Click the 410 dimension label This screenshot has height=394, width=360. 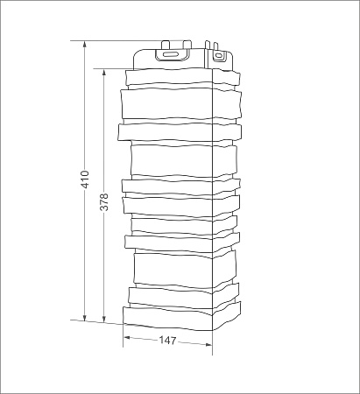point(85,179)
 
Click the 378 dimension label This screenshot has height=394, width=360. point(104,201)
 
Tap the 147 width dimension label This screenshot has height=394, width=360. point(168,341)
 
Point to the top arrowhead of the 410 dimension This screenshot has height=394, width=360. point(85,45)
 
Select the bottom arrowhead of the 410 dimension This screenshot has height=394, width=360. point(85,318)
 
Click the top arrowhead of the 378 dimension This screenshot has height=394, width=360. point(103,73)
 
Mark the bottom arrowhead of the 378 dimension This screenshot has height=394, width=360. point(103,319)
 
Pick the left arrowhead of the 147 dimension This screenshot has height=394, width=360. point(127,338)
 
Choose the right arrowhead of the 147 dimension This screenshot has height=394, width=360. point(208,345)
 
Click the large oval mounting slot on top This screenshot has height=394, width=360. point(172,54)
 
